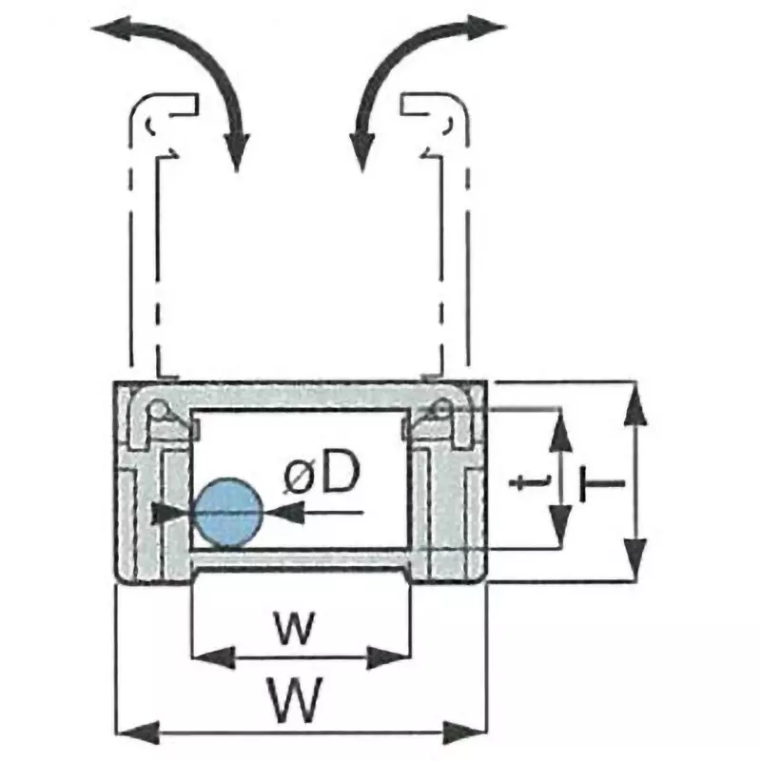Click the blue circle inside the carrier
click(x=226, y=512)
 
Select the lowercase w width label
click(x=295, y=628)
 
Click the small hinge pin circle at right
click(x=442, y=409)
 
